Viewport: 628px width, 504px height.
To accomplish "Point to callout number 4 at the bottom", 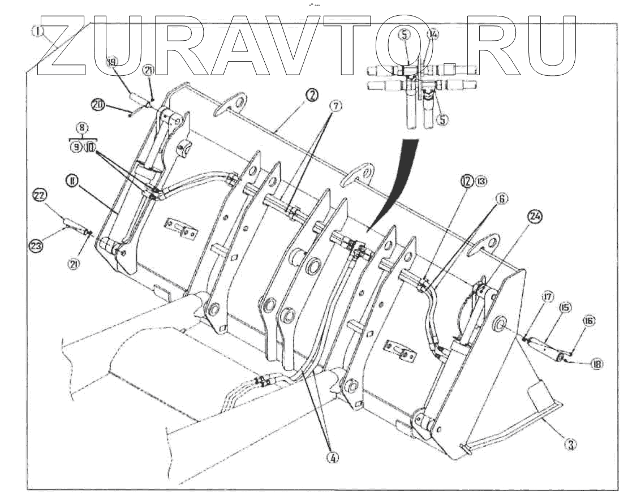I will pos(334,459).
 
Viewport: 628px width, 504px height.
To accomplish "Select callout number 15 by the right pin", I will pos(565,307).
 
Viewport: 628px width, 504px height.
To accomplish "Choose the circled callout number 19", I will pos(112,64).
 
